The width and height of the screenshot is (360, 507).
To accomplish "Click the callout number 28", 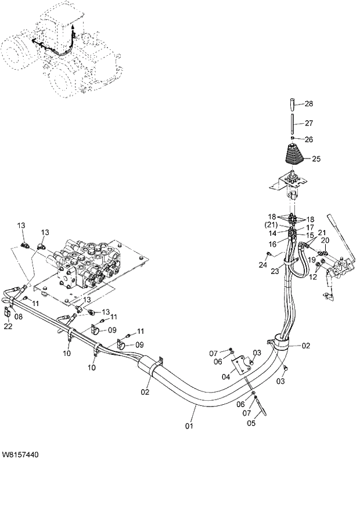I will click(x=309, y=104).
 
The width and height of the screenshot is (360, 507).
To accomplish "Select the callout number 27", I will click(x=309, y=123).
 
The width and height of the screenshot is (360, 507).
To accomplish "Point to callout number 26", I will click(x=309, y=139).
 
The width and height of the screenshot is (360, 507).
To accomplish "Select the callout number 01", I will click(x=189, y=426).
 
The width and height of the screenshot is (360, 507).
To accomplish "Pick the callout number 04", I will click(x=226, y=376).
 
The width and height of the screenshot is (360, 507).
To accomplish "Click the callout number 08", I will click(x=19, y=317).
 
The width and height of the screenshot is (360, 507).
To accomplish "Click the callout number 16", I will click(x=273, y=245).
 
